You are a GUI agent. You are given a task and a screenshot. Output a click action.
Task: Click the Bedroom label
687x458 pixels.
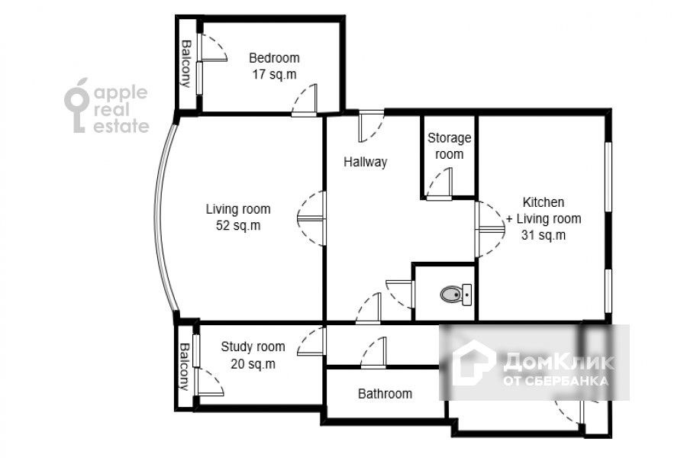274,58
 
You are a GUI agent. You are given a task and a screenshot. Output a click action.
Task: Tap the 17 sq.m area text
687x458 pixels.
274,75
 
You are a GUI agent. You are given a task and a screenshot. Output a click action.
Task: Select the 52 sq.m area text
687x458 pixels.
238,226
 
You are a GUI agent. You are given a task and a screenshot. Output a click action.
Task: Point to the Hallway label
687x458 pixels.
366,162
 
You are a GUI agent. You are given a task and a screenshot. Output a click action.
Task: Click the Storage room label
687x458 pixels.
449,146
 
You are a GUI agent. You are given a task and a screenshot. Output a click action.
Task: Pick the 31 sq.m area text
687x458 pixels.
543,235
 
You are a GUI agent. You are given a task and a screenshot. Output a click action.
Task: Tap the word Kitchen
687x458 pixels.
543,202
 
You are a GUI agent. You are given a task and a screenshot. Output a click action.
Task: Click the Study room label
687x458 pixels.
253,347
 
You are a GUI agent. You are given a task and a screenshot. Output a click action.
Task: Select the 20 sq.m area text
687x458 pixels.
253,364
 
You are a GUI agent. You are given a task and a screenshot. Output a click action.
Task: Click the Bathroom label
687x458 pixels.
385,394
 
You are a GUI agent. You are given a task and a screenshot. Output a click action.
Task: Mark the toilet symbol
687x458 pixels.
456,294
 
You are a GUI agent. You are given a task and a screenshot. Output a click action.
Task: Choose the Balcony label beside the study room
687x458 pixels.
185,366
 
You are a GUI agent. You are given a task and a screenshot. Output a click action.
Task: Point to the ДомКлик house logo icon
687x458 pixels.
473,363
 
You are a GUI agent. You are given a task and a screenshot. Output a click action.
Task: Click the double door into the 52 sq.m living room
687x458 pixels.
311,218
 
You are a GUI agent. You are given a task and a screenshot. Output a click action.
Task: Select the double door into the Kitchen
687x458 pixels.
490,229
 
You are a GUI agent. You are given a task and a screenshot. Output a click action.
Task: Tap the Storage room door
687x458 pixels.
439,184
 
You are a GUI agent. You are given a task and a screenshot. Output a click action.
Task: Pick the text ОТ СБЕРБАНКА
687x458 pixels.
556,380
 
